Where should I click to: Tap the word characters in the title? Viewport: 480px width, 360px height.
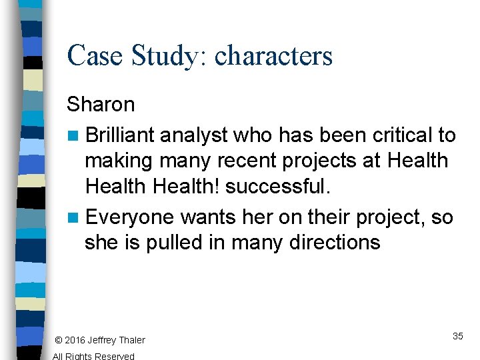pyautogui.click(x=273, y=55)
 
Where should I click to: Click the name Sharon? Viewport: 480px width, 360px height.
pyautogui.click(x=101, y=105)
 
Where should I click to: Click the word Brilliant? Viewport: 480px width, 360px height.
pyautogui.click(x=120, y=135)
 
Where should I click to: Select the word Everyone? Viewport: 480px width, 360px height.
pyautogui.click(x=130, y=217)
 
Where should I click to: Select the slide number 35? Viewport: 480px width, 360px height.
pyautogui.click(x=458, y=336)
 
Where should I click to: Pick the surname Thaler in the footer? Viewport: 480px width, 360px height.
pyautogui.click(x=131, y=341)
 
